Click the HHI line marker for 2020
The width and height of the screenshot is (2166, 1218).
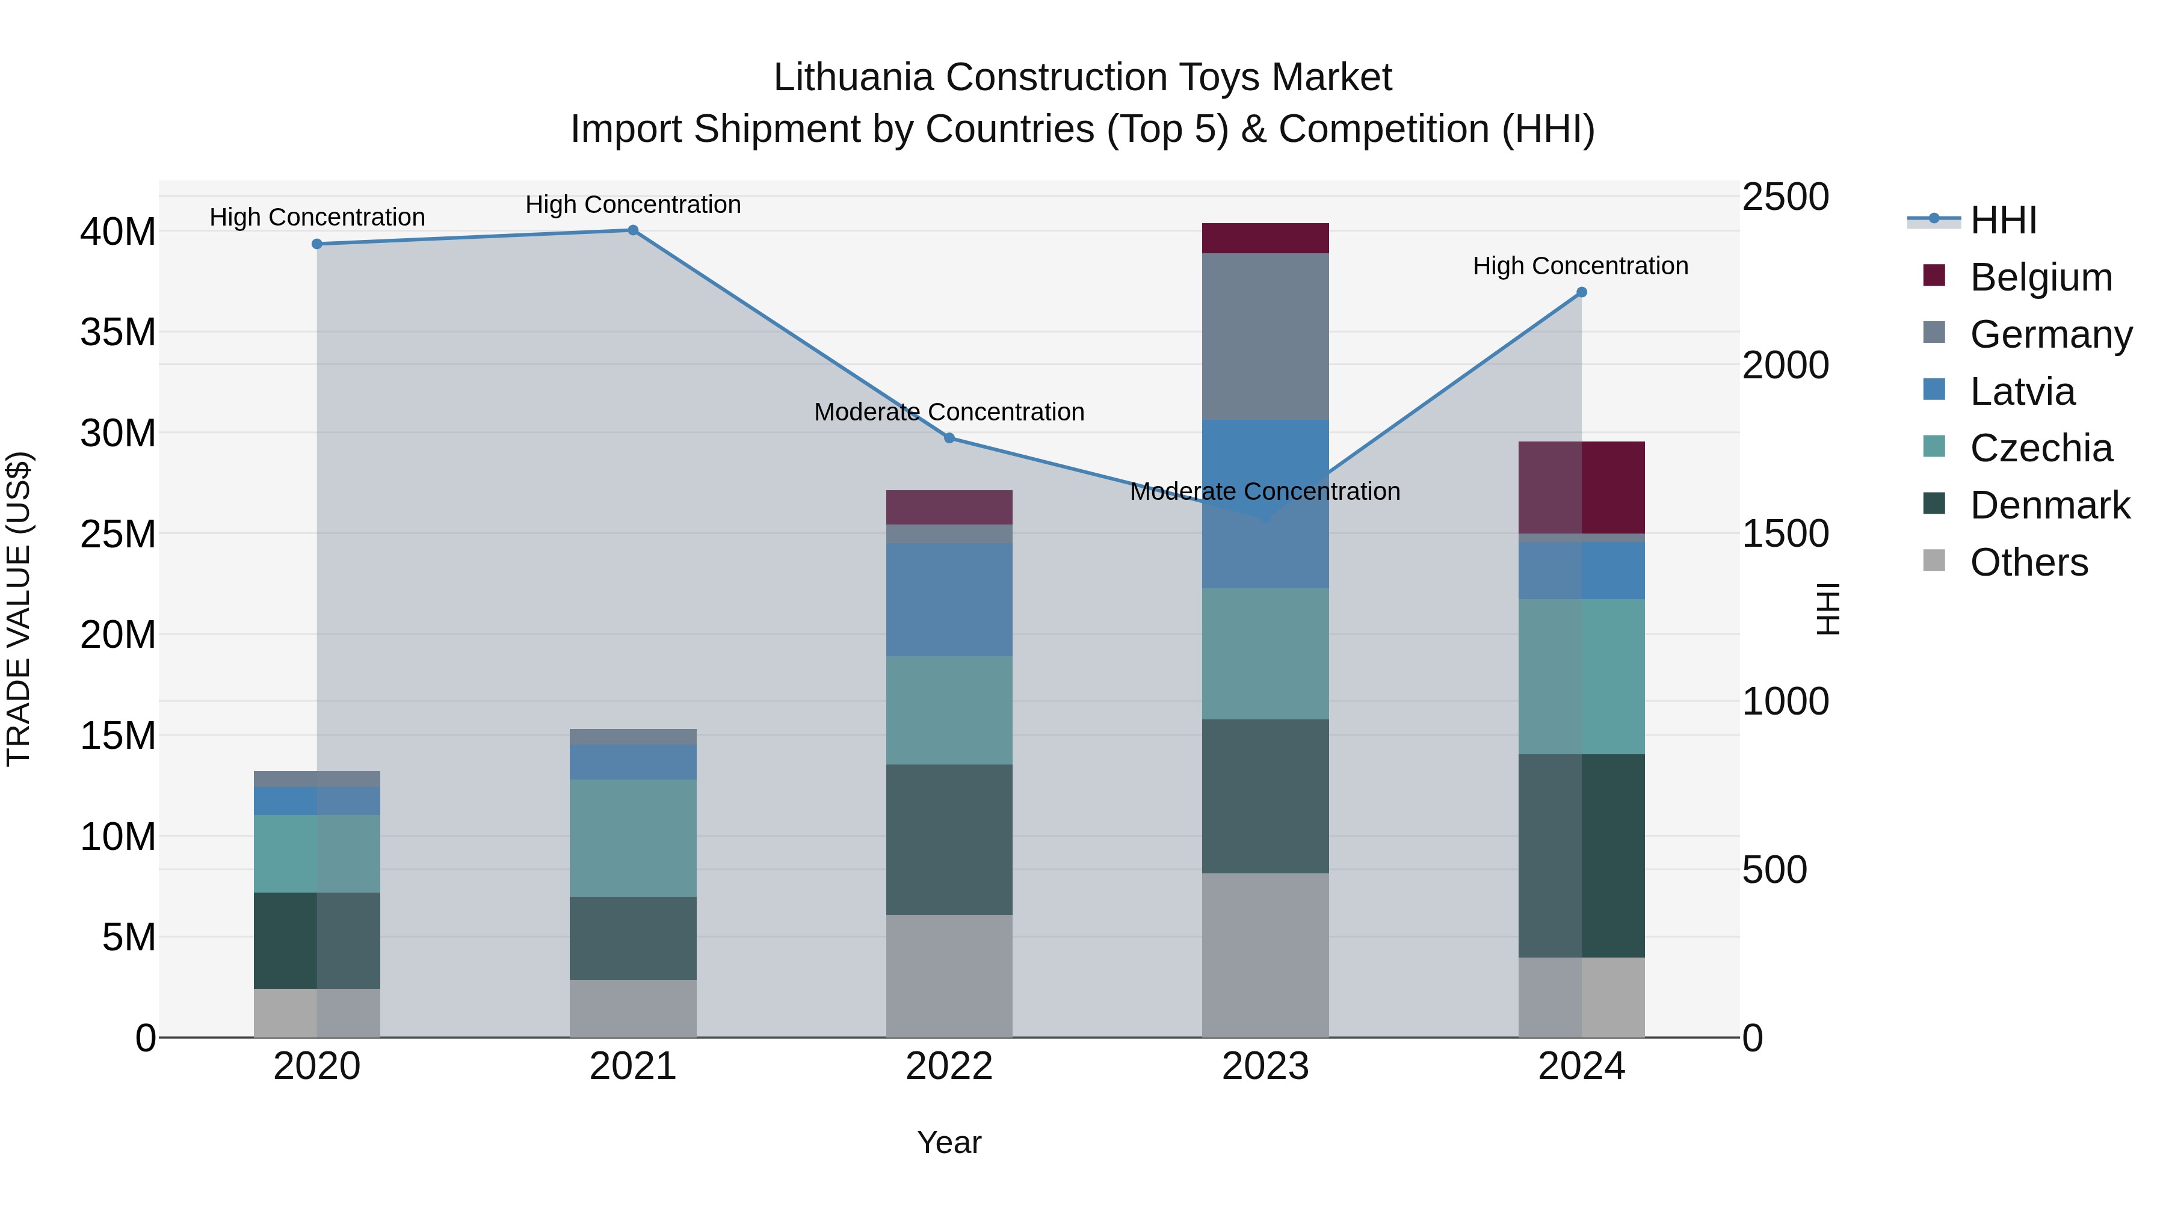(317, 244)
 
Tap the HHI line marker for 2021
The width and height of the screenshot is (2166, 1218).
(633, 230)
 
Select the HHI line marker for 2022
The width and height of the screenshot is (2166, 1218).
(949, 438)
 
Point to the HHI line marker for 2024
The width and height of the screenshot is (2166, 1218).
(1582, 292)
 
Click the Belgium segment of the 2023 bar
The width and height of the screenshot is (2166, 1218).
(1265, 238)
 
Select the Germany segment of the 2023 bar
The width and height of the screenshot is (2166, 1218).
(1265, 336)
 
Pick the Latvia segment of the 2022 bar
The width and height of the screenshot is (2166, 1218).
(949, 599)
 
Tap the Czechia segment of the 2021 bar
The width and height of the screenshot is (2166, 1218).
(633, 837)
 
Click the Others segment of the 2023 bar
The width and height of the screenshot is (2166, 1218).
(1265, 955)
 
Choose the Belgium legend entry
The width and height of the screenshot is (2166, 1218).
(2041, 277)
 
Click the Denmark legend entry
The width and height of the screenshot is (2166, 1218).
(2049, 505)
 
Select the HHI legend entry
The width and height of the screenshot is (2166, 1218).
(2003, 220)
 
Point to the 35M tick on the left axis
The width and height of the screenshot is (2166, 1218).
(118, 332)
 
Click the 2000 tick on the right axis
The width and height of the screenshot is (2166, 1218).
(1785, 365)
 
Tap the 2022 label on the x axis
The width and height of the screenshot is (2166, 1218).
(949, 1066)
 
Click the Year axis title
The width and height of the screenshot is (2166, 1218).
(949, 1142)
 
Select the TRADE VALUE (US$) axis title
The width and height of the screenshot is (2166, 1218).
(19, 609)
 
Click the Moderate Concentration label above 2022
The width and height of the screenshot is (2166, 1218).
(949, 412)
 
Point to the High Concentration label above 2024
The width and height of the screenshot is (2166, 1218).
(1581, 266)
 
